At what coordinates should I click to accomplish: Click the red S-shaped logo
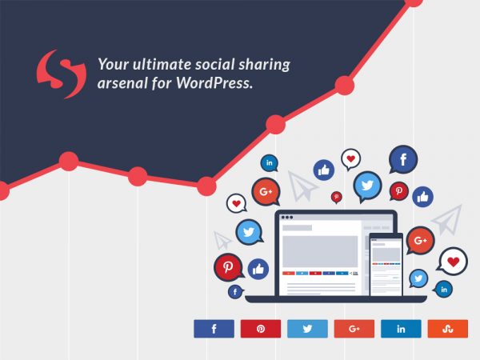coord(61,74)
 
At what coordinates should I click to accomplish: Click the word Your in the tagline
coord(110,64)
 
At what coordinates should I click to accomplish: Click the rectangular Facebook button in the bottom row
coord(214,329)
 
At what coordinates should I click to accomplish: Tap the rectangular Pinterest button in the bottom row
coord(261,329)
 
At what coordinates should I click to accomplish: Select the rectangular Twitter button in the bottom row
coord(307,329)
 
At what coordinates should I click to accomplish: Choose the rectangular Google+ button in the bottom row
coord(354,329)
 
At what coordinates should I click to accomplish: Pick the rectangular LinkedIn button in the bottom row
coord(401,329)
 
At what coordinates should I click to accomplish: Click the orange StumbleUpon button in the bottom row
coord(448,329)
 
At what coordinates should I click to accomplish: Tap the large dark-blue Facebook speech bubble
coord(403,160)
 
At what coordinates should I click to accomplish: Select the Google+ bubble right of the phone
coord(420,240)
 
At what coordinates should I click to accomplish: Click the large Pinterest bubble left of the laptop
coord(228,267)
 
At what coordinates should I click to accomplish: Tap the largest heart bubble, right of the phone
coord(454,261)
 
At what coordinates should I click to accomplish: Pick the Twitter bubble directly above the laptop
coord(367,186)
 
